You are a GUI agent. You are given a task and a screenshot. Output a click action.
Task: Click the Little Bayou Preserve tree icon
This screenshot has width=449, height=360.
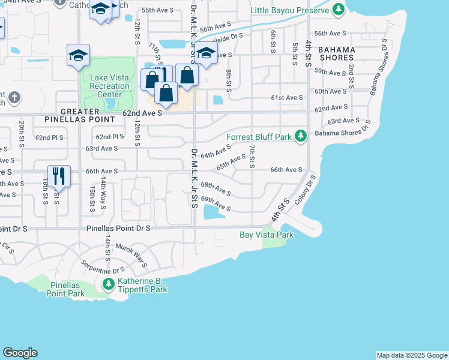pos(339,10)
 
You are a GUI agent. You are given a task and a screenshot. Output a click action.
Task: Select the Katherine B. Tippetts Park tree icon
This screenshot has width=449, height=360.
pos(109,283)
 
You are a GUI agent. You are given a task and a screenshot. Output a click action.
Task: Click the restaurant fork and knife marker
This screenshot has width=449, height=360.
pos(59,176)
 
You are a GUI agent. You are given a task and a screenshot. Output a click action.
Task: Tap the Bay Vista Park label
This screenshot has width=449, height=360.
pos(267,235)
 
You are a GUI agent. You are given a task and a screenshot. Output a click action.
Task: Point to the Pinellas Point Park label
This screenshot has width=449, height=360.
pos(67,289)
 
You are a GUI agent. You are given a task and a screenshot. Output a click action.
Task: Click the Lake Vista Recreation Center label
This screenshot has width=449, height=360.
pos(109,86)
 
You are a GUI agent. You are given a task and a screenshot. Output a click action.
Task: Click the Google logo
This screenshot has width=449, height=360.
pos(20,353)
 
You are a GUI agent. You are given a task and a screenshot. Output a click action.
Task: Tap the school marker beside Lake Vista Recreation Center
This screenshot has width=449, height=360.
pos(79,56)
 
